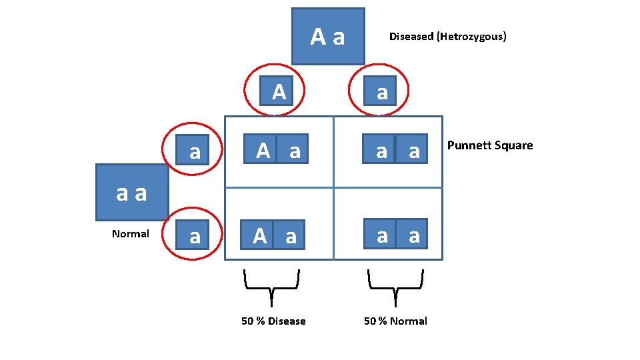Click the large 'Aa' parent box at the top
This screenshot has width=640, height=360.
tap(328, 36)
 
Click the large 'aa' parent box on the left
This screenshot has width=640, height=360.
tap(131, 193)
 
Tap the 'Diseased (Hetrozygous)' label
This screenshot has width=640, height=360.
tap(447, 37)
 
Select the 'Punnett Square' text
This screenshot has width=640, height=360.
tap(490, 145)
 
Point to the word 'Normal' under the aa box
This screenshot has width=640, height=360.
tap(131, 234)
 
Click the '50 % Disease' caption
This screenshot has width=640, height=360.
tap(273, 321)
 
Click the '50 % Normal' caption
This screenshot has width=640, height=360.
tap(395, 321)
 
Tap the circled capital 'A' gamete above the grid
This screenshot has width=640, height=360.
tap(279, 91)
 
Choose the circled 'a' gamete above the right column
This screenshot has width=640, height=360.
tap(381, 92)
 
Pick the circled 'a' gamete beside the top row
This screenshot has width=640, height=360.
tap(194, 151)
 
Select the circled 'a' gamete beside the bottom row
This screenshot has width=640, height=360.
tap(194, 236)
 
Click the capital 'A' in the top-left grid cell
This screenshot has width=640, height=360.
tap(263, 151)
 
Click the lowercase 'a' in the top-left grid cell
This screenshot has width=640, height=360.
tap(295, 151)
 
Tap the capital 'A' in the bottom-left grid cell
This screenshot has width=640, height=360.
tap(260, 235)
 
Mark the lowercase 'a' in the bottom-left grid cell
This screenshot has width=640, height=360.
tap(291, 235)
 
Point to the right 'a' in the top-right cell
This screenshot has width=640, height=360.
tap(414, 151)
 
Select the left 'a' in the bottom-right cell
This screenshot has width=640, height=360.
tap(381, 235)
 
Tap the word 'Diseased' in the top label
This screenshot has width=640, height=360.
tap(411, 37)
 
